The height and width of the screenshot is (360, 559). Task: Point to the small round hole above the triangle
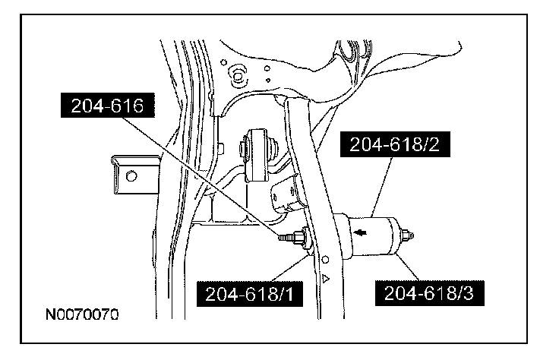(x=325, y=260)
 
